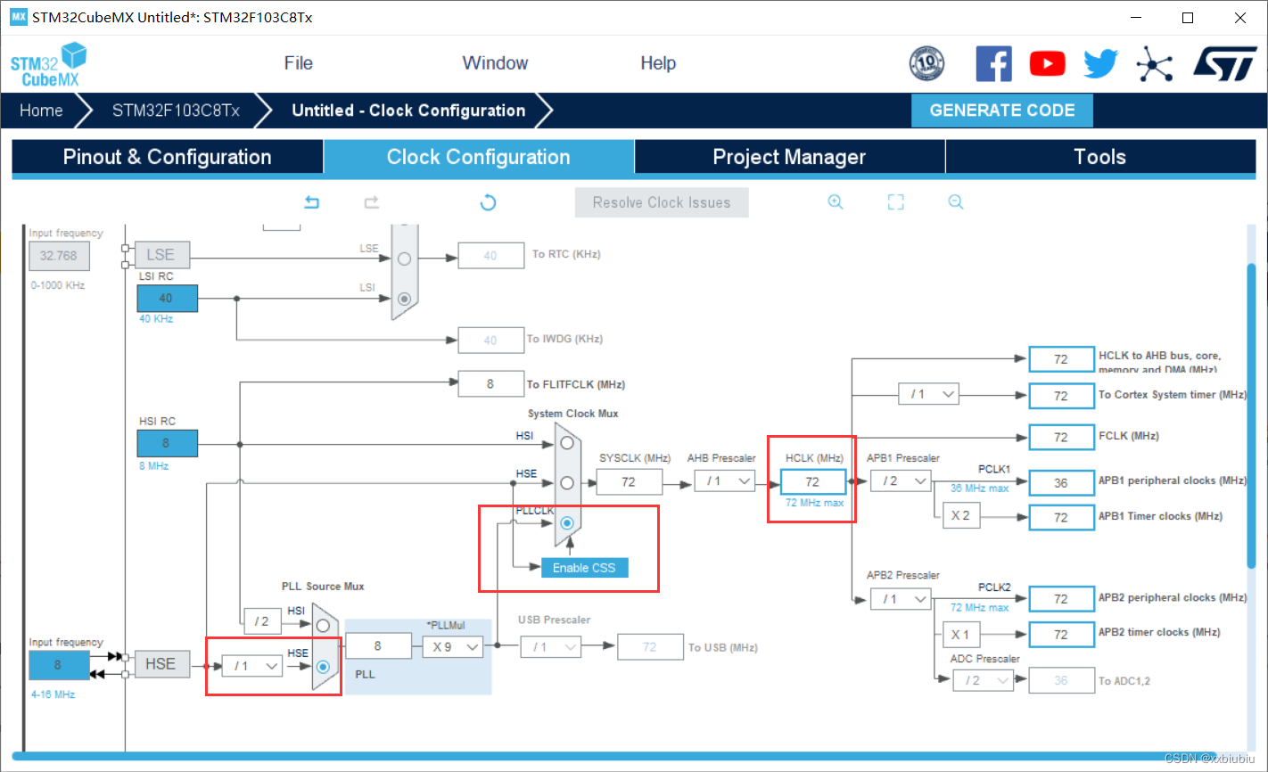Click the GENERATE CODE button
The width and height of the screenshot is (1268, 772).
(1001, 111)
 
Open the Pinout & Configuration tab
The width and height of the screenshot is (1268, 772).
(167, 157)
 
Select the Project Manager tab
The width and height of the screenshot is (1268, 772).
(789, 157)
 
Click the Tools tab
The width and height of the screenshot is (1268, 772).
(1099, 157)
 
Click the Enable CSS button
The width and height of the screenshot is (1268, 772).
(584, 568)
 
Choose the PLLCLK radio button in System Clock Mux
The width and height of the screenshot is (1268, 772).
(567, 523)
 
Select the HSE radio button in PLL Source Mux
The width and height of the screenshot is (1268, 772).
(324, 667)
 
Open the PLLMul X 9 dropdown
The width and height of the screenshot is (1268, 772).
(453, 647)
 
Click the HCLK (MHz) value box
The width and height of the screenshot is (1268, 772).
(812, 482)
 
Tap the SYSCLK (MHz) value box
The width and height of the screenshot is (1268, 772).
(629, 482)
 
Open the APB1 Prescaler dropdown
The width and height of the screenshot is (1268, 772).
(901, 481)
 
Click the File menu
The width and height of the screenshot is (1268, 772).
(298, 63)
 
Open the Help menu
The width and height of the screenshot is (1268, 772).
(658, 63)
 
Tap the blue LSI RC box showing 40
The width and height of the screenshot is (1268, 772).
(167, 299)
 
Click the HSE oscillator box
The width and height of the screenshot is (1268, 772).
(161, 664)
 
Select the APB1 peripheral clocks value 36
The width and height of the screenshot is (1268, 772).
(1060, 483)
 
